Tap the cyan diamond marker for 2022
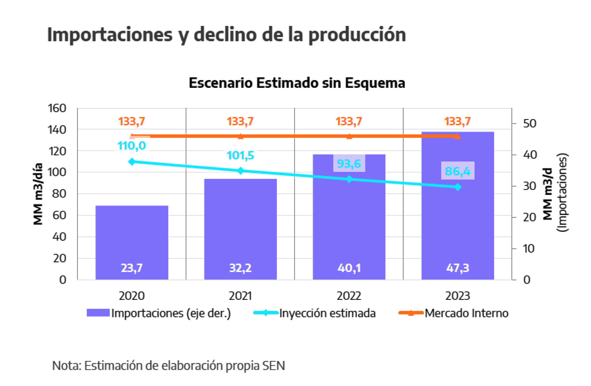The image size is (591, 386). pos(349,179)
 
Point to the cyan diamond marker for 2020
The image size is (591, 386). pos(132,162)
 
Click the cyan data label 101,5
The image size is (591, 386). pos(240,155)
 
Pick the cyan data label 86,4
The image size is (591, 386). pos(457,171)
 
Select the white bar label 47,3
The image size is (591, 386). pos(457,268)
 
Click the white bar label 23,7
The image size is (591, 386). pos(132,268)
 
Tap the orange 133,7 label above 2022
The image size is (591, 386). pos(349,121)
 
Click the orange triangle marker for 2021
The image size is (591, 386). pos(240,136)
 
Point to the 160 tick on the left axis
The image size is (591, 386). pos(57,108)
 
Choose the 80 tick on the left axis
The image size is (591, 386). pos(59,194)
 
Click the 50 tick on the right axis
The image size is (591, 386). pos(530,123)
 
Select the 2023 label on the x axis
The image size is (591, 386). pos(457,296)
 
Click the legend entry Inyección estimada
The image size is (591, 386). pos(327,313)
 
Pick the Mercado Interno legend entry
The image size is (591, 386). pos(466,313)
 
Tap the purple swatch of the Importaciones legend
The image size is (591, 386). pos(98,313)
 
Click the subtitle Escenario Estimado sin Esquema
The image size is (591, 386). pos(297,83)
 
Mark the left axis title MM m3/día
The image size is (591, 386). pos(38,194)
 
